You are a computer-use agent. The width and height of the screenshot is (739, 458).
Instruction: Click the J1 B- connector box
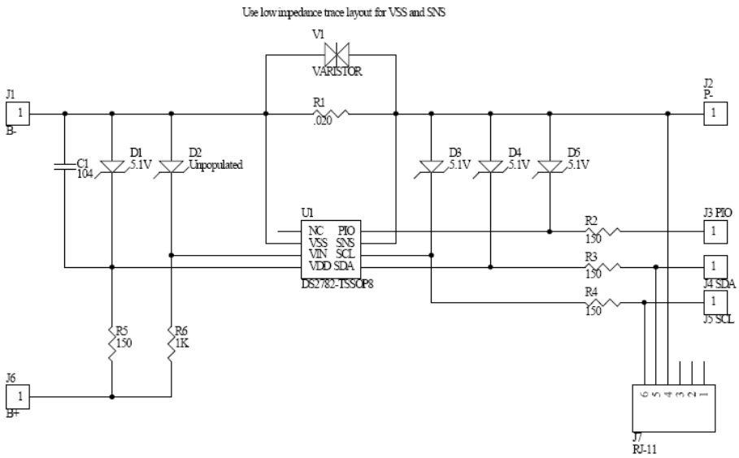coord(18,114)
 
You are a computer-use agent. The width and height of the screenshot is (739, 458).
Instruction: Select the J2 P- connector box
coord(715,114)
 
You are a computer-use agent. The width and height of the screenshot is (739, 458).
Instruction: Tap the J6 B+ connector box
coord(18,397)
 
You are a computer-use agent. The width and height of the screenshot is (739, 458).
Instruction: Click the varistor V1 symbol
coord(332,55)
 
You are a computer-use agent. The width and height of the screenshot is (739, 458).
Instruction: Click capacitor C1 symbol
coord(65,166)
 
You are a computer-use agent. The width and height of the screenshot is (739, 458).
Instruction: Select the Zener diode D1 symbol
coord(112,166)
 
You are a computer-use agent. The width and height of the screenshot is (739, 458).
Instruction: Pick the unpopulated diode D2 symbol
coord(171,166)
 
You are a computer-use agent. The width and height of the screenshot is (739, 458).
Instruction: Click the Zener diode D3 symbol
coord(431,166)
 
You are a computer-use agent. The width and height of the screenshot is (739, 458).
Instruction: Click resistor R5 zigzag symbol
coord(112,335)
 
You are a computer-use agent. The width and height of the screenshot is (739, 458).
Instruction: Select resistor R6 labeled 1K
coord(171,335)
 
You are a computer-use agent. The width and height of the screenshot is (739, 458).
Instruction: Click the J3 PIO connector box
coord(715,231)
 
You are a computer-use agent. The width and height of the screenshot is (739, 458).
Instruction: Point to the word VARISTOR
coord(337,71)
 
